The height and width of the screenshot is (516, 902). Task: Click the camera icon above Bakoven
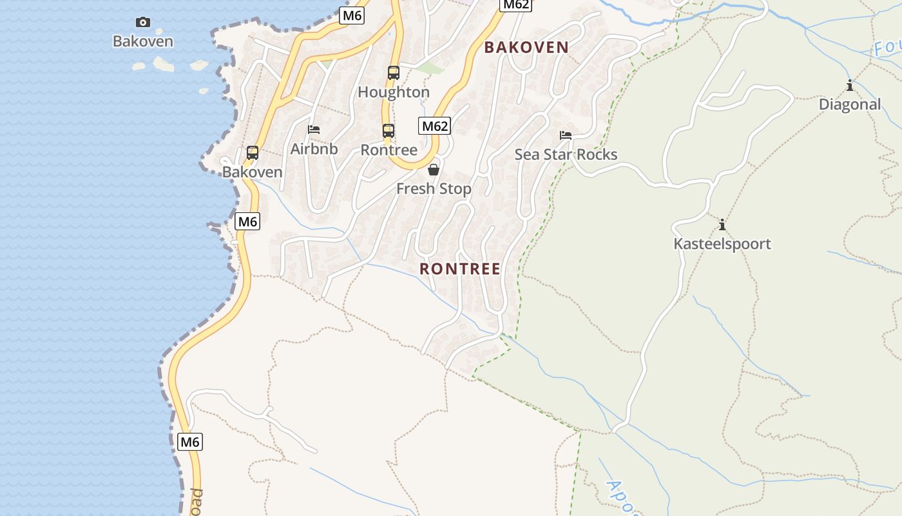click(x=143, y=23)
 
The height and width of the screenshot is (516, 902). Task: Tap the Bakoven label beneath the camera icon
click(x=143, y=41)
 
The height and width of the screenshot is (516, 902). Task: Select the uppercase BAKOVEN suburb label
click(x=526, y=47)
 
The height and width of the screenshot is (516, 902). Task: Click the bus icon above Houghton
click(x=394, y=73)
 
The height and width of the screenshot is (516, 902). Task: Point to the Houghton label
click(x=394, y=92)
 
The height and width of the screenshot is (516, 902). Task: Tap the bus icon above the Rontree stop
click(x=389, y=131)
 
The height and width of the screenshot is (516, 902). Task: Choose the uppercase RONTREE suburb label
click(x=460, y=269)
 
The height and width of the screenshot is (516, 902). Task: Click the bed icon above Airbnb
click(x=314, y=130)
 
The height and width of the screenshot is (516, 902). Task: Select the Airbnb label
click(x=314, y=149)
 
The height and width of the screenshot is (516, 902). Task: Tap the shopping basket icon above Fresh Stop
click(x=434, y=170)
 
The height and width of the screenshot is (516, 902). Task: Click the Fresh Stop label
click(x=434, y=189)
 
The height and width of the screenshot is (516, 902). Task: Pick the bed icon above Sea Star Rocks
click(x=566, y=135)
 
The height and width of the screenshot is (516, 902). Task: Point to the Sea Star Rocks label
click(x=566, y=155)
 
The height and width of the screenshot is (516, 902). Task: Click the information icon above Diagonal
click(x=850, y=86)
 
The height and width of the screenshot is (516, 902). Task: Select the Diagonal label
click(x=850, y=104)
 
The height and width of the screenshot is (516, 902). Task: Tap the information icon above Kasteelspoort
click(x=722, y=225)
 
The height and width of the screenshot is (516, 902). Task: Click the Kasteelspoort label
click(x=722, y=244)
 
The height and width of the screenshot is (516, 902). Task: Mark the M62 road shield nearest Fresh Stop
click(x=434, y=126)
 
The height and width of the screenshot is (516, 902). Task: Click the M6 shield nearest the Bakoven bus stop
click(x=247, y=222)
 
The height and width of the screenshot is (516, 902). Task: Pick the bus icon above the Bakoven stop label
click(x=253, y=153)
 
